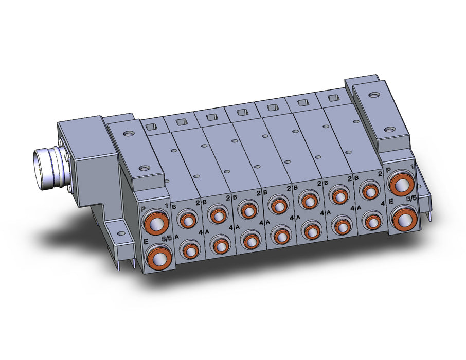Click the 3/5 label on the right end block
click(x=411, y=199)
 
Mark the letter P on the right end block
click(x=388, y=170)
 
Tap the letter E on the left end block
click(x=146, y=241)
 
